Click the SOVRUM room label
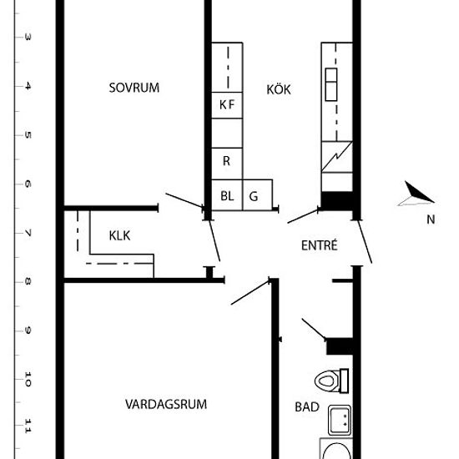(x=134, y=88)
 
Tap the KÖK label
(x=279, y=89)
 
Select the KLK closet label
(x=119, y=235)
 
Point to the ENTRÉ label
(x=320, y=245)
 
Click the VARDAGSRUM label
(x=166, y=404)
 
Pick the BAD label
(x=307, y=407)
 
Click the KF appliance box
(x=227, y=105)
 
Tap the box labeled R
(x=227, y=164)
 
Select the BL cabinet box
(x=227, y=194)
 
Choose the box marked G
(x=258, y=194)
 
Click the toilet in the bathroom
(x=331, y=381)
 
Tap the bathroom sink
(x=340, y=420)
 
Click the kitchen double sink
(x=331, y=84)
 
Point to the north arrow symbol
(x=416, y=194)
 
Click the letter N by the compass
(x=431, y=219)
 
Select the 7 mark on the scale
(x=28, y=234)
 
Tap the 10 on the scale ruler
(x=28, y=379)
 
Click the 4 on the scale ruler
(x=28, y=86)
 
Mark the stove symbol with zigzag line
(x=337, y=157)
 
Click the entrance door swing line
(x=365, y=242)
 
